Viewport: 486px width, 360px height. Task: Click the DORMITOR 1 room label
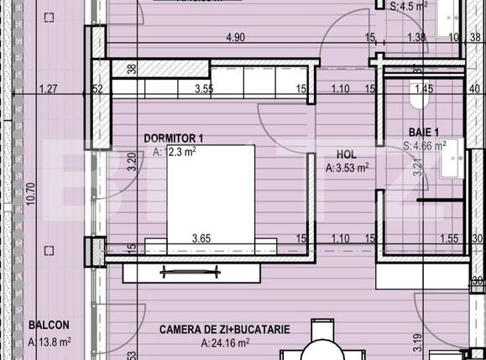coord(173,138)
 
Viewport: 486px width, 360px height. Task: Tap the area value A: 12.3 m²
coord(174,152)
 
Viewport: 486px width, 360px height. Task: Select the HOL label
coord(346,154)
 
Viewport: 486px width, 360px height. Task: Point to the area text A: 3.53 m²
coord(347,168)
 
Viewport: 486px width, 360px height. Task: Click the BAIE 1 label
coord(424,132)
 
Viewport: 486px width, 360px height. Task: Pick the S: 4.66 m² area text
coord(424,145)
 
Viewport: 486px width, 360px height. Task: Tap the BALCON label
coord(48,326)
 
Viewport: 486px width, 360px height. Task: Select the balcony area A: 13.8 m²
coord(50,341)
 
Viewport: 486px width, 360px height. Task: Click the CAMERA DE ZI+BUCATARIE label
coord(224,330)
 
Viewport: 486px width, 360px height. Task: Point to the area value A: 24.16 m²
coord(224,343)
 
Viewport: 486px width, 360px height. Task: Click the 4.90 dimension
coord(235,37)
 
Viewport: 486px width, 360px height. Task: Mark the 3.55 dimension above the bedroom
coord(202,88)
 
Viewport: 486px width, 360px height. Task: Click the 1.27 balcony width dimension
coord(49,88)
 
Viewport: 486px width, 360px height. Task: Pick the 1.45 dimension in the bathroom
coord(423,88)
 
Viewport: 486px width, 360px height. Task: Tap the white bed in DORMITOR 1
coord(210,197)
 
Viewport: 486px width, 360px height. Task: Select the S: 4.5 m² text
coord(410,5)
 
